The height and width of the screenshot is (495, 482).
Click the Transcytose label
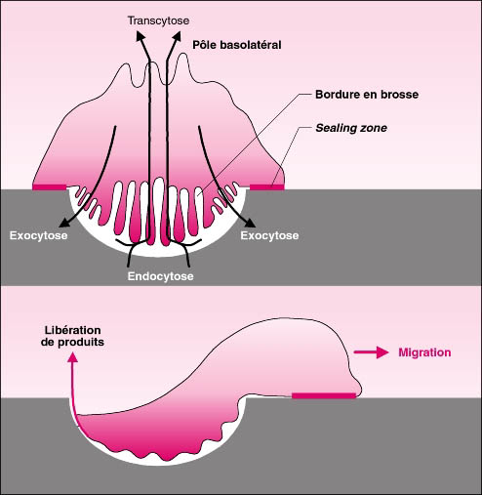(x=158, y=21)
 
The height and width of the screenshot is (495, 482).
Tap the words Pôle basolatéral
(x=237, y=45)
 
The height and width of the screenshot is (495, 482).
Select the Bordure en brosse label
(x=367, y=95)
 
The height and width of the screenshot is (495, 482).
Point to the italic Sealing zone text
(x=351, y=128)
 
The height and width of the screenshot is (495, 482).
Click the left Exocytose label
(x=38, y=235)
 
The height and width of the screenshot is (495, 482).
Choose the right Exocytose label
(x=269, y=235)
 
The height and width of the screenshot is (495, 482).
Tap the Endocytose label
(x=160, y=276)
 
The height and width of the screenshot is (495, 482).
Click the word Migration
(x=424, y=352)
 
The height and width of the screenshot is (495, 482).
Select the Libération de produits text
(x=72, y=336)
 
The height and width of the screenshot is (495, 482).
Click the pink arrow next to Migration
(x=371, y=352)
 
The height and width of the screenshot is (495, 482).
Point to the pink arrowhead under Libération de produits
(x=72, y=357)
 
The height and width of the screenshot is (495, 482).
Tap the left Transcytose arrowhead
(x=141, y=35)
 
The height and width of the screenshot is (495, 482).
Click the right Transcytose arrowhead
(x=176, y=35)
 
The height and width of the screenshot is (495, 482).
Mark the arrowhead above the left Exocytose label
(x=64, y=223)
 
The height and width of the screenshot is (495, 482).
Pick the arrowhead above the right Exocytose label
(x=250, y=223)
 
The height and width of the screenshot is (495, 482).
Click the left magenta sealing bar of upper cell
(x=50, y=186)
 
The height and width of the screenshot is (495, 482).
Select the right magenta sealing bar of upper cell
(x=266, y=186)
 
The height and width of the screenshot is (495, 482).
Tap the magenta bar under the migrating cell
(x=324, y=395)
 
